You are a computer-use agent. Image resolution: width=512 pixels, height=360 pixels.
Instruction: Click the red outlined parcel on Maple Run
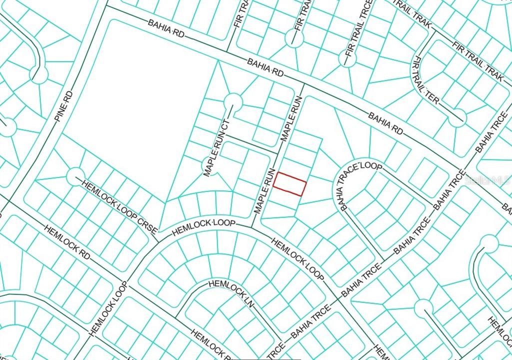(x=289, y=184)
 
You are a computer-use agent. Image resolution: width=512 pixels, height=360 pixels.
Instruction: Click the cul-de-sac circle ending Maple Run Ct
(x=232, y=102)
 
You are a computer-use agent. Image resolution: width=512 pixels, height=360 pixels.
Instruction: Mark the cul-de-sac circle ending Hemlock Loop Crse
(x=75, y=175)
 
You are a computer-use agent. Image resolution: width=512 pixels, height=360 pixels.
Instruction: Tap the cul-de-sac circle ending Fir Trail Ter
(x=457, y=118)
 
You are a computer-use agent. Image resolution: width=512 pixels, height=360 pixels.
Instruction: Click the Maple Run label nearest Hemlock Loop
(x=264, y=190)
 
